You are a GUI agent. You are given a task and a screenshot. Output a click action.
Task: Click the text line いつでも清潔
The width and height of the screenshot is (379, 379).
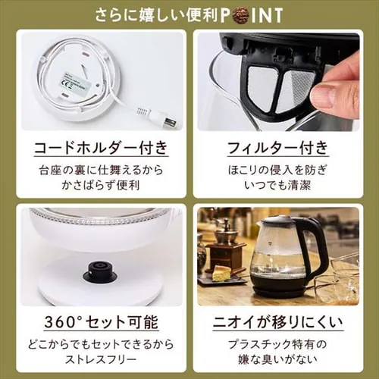point(277,185)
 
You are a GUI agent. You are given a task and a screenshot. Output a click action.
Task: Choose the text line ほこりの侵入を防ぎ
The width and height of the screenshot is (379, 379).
point(277,168)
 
